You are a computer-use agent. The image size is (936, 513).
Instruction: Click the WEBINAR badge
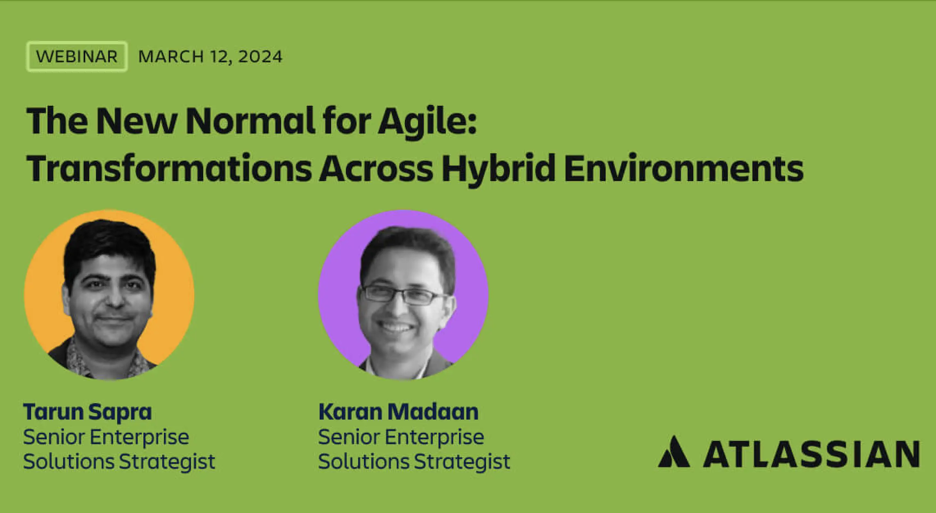(x=77, y=57)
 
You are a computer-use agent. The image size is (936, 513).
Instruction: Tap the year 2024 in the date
(x=260, y=57)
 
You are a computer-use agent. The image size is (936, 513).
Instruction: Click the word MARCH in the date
(x=171, y=57)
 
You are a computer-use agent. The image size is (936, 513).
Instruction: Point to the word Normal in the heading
(x=250, y=121)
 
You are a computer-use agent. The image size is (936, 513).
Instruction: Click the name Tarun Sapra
(x=88, y=412)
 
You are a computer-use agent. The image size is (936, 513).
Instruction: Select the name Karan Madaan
(x=398, y=412)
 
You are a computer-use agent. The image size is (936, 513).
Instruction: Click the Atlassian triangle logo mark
(x=674, y=452)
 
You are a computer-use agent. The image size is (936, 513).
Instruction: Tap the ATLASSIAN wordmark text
(x=811, y=454)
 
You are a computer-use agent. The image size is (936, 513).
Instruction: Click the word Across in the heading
(x=376, y=168)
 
